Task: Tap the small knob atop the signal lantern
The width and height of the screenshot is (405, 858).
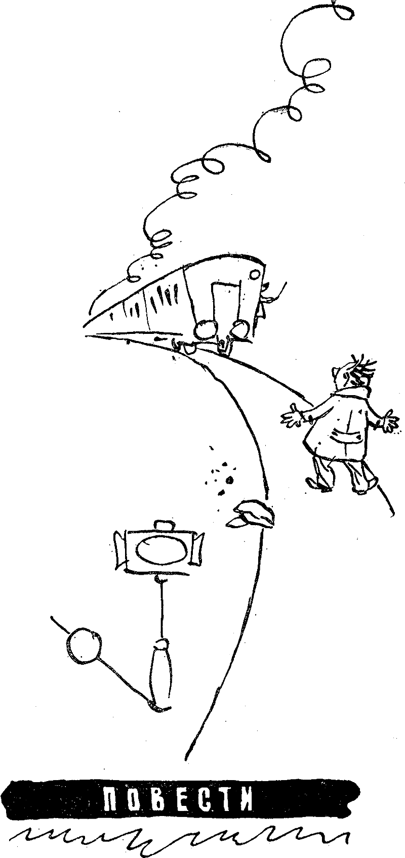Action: click(x=161, y=525)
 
